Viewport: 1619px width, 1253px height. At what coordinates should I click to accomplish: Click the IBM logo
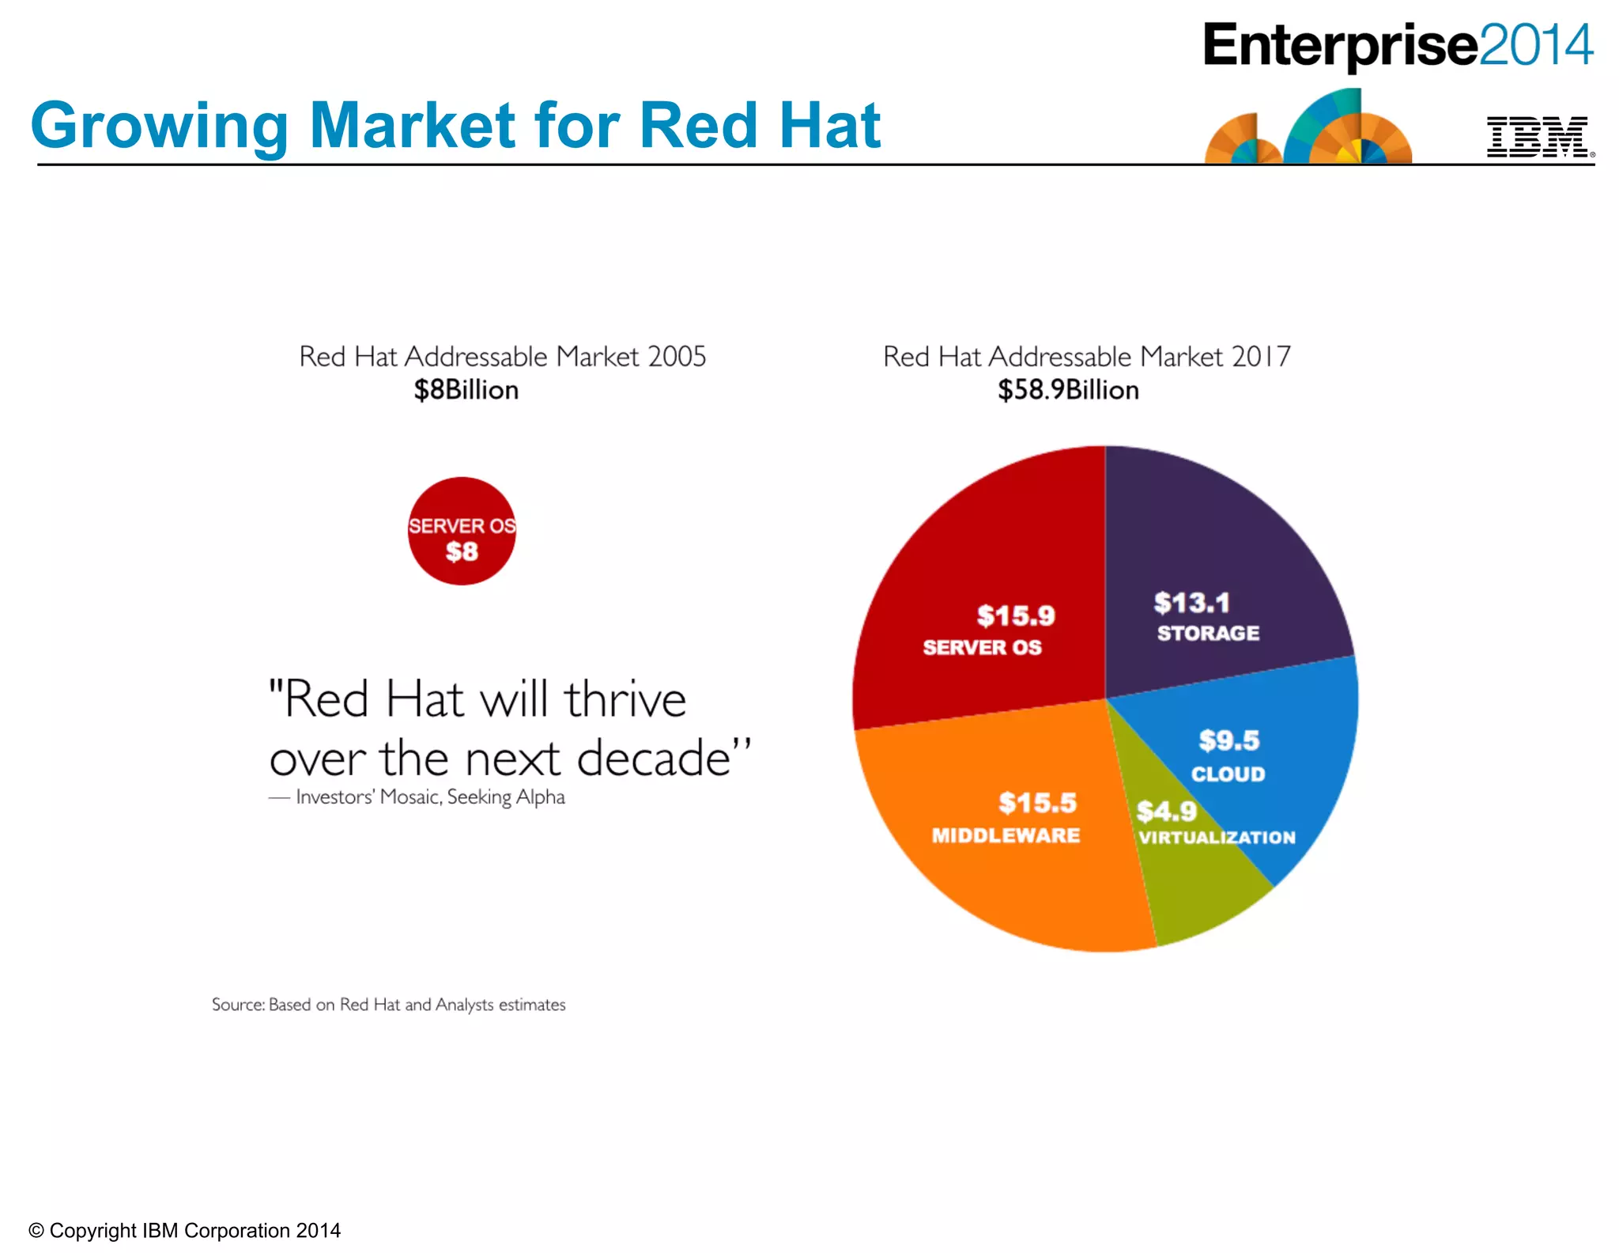pos(1538,137)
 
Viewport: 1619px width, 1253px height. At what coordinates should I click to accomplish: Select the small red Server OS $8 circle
pos(462,531)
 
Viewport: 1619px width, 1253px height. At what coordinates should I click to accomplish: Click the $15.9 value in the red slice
pos(1016,615)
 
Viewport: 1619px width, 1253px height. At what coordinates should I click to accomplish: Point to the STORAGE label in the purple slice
pos(1208,634)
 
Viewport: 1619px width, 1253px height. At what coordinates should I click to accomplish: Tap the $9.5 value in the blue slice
pos(1228,740)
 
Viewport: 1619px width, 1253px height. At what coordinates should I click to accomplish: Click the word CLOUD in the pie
pos(1228,774)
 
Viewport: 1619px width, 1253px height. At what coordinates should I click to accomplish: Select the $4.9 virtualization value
pos(1166,811)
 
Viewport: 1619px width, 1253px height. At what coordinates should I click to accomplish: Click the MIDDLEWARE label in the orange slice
pos(1006,836)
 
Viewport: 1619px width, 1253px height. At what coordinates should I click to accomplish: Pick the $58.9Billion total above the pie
pos(1067,390)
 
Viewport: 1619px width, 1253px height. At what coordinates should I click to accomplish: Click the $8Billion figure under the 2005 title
pos(466,390)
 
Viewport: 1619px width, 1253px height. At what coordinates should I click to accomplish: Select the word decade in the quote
pos(654,759)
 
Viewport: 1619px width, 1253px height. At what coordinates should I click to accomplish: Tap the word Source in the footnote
pos(237,1005)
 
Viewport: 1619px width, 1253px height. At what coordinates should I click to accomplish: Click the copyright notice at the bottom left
pos(184,1230)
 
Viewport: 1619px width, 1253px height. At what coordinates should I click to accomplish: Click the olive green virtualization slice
pos(1194,886)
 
